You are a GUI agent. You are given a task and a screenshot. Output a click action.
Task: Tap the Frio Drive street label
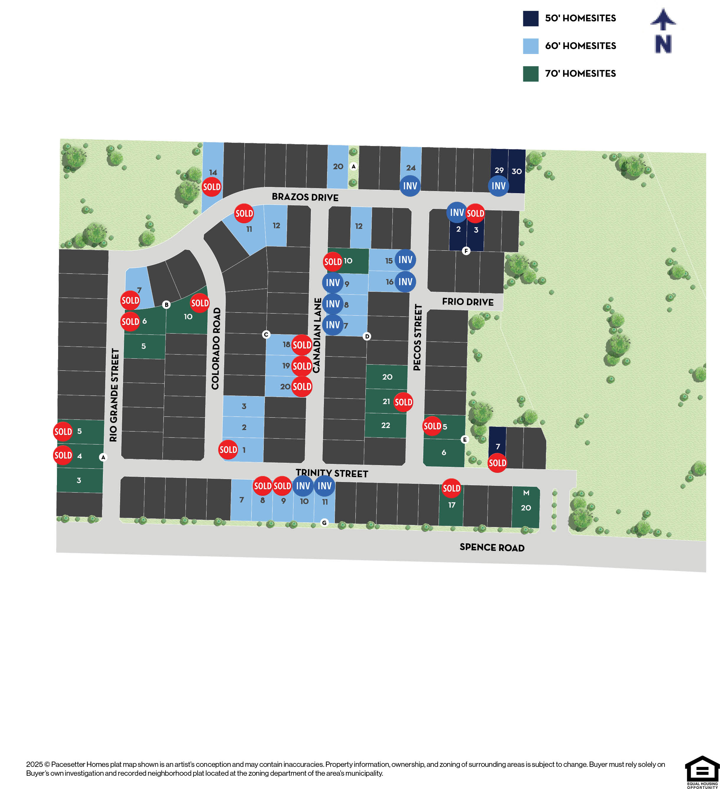pyautogui.click(x=468, y=302)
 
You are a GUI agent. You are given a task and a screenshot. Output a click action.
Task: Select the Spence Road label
pyautogui.click(x=492, y=547)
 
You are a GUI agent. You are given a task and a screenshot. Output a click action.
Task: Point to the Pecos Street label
pyautogui.click(x=418, y=337)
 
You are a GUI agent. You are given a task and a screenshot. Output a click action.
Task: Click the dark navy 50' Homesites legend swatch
pyautogui.click(x=530, y=18)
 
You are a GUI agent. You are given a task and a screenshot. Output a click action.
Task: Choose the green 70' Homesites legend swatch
pyautogui.click(x=530, y=73)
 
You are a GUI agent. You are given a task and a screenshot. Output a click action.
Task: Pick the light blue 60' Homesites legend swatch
pyautogui.click(x=530, y=46)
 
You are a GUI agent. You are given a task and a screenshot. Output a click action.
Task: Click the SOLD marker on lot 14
pyautogui.click(x=212, y=187)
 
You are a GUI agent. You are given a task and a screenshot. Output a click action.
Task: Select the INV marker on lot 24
pyautogui.click(x=410, y=186)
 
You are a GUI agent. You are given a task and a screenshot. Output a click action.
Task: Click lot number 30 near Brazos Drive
pyautogui.click(x=516, y=171)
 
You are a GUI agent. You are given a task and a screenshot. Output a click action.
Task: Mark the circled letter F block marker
pyautogui.click(x=466, y=251)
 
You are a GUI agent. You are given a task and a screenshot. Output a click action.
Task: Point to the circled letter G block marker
pyautogui.click(x=324, y=522)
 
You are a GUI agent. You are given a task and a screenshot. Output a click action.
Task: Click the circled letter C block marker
pyautogui.click(x=266, y=334)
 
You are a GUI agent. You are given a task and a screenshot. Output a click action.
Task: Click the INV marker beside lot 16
pyautogui.click(x=405, y=282)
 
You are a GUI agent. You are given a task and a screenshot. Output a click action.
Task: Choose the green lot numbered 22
pyautogui.click(x=386, y=425)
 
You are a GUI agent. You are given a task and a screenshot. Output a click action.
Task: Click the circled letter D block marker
pyautogui.click(x=367, y=336)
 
